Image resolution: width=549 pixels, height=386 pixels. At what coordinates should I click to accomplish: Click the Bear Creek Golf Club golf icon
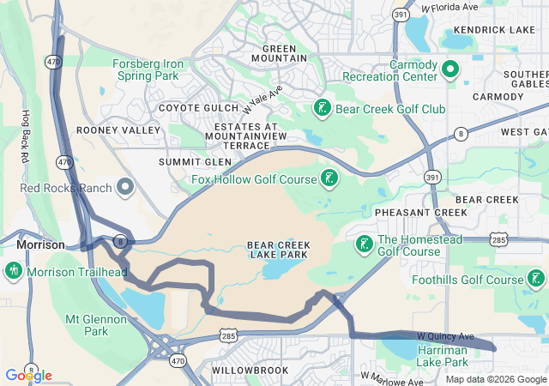(x=322, y=109)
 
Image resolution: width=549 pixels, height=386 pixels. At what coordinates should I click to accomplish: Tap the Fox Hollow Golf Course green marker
(x=329, y=178)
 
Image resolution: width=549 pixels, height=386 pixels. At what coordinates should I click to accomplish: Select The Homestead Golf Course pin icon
(x=364, y=245)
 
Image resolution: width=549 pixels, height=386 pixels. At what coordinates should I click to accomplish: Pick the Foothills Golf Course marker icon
(x=536, y=279)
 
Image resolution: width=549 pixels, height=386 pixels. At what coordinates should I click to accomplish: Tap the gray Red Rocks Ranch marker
(x=126, y=186)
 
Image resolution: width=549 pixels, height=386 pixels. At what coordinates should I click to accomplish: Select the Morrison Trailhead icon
(x=13, y=272)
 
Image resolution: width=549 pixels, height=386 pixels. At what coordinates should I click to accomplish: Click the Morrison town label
(x=40, y=245)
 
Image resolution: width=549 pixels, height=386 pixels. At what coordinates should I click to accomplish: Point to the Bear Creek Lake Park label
(x=279, y=250)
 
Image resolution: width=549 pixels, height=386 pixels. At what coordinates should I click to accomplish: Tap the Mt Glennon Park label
(x=98, y=325)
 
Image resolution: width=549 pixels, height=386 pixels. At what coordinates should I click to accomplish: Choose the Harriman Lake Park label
(x=442, y=356)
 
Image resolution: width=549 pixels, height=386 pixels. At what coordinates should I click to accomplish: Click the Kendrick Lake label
(x=494, y=29)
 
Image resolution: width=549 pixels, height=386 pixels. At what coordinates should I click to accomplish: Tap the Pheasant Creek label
(x=407, y=212)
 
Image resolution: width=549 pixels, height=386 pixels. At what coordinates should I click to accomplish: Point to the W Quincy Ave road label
(x=445, y=335)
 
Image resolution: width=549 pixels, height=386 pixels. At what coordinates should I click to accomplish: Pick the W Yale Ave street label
(x=262, y=100)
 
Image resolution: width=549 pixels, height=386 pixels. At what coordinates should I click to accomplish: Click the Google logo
(x=28, y=375)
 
